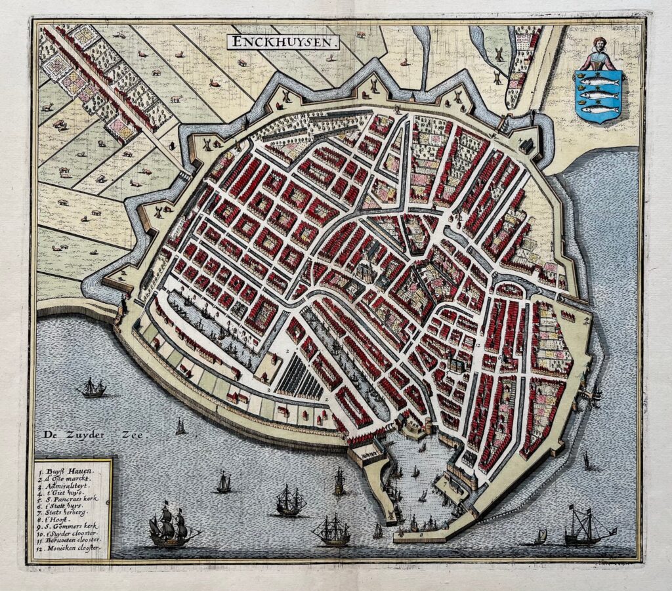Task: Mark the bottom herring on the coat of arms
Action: click(x=598, y=110)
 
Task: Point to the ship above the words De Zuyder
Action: click(x=92, y=388)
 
